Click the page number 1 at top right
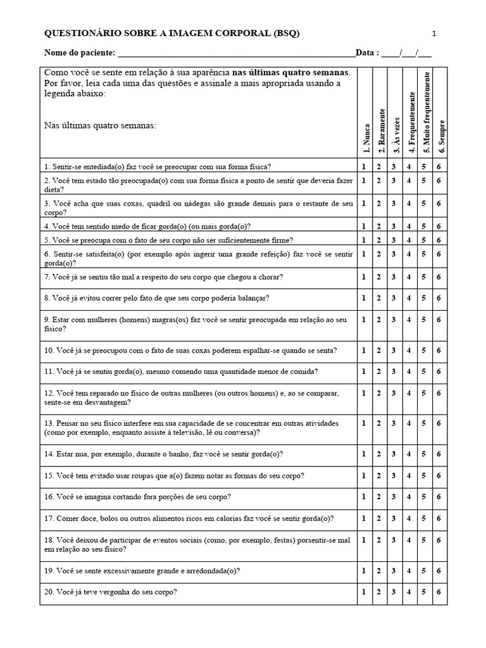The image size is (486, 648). (x=434, y=34)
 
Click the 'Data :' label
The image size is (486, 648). (x=367, y=53)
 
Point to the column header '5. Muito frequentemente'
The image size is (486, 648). (x=426, y=113)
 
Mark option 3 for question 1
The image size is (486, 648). (x=394, y=166)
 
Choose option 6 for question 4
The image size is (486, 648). (x=439, y=226)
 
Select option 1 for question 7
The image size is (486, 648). (x=364, y=277)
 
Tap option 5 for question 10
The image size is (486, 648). (x=423, y=350)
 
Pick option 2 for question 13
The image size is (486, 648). (x=378, y=422)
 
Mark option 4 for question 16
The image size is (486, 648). (x=409, y=497)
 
